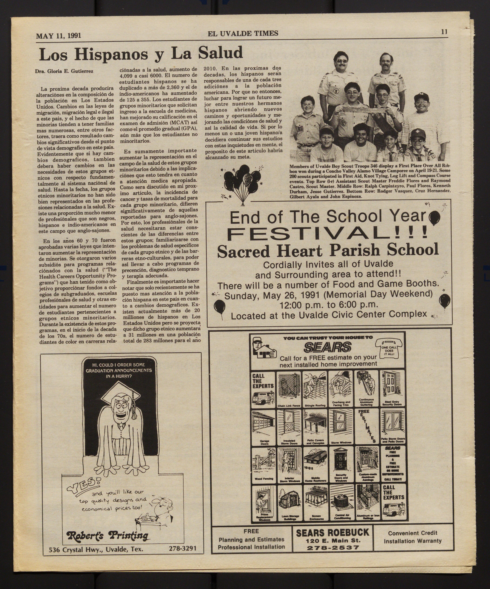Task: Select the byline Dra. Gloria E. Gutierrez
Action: tap(64, 71)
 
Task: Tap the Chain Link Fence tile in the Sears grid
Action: tap(289, 389)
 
